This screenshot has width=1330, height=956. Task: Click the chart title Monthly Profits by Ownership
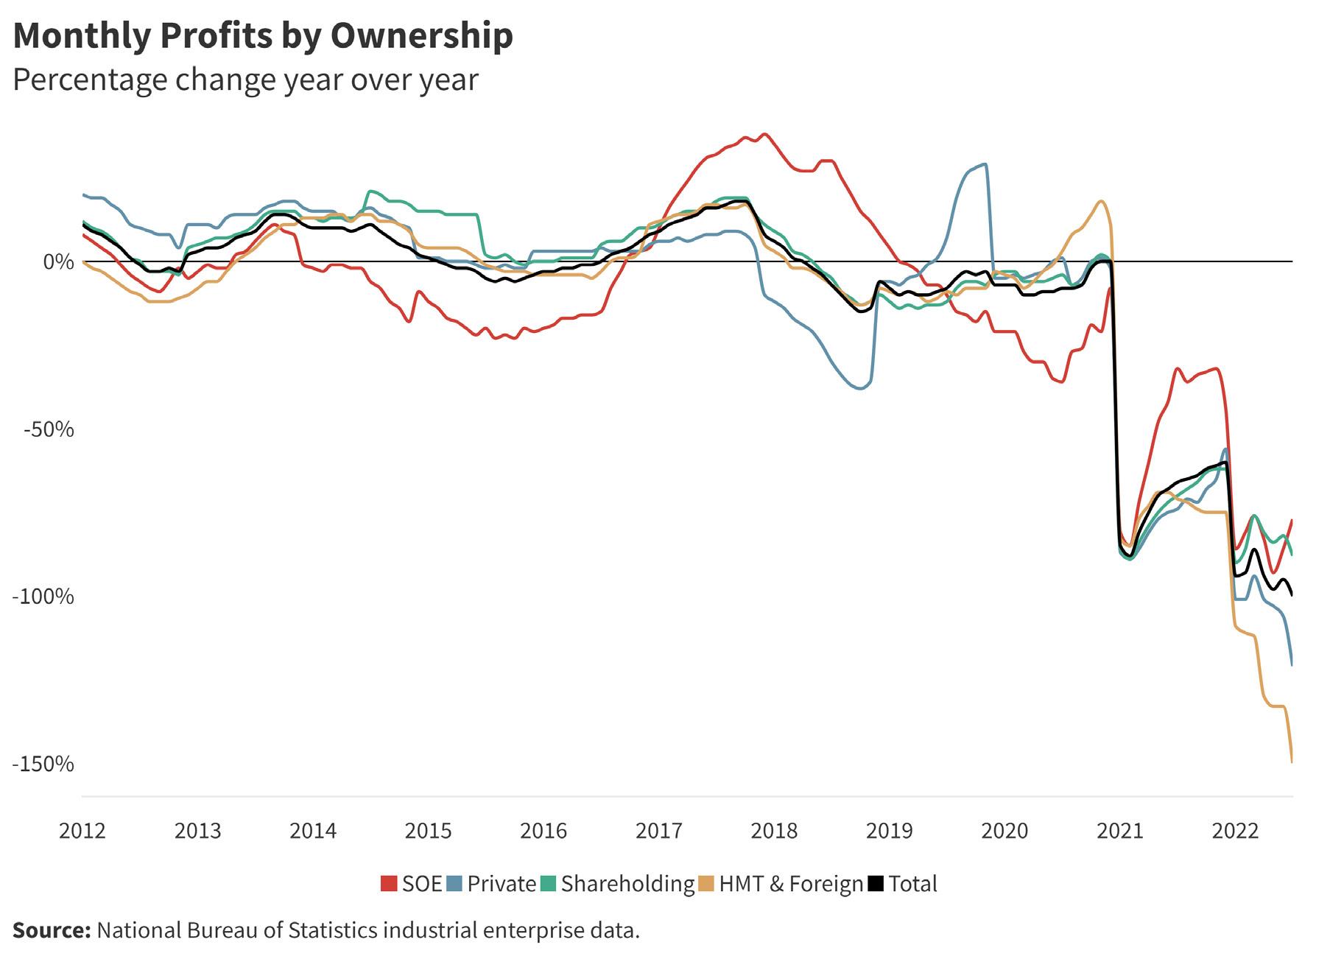[263, 35]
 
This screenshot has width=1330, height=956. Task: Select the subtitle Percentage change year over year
[245, 80]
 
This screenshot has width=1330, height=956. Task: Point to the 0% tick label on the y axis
[58, 261]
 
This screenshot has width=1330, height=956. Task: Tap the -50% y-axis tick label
[49, 429]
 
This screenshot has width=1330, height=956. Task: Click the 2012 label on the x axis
[82, 831]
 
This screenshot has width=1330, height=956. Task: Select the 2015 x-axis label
[429, 831]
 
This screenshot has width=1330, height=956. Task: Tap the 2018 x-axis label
[774, 831]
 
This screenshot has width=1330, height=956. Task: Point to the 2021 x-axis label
[1120, 831]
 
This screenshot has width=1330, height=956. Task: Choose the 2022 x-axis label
[1235, 831]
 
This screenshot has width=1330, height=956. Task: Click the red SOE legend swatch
[389, 884]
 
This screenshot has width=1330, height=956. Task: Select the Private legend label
[502, 884]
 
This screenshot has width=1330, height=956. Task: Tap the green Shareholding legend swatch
[549, 884]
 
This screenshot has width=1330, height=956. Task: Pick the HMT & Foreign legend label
[791, 884]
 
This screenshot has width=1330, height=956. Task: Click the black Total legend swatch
[876, 884]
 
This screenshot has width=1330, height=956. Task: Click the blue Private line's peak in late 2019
[985, 164]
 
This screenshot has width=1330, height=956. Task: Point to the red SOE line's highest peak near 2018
[765, 134]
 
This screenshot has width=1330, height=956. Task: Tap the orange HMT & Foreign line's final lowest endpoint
[1292, 762]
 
